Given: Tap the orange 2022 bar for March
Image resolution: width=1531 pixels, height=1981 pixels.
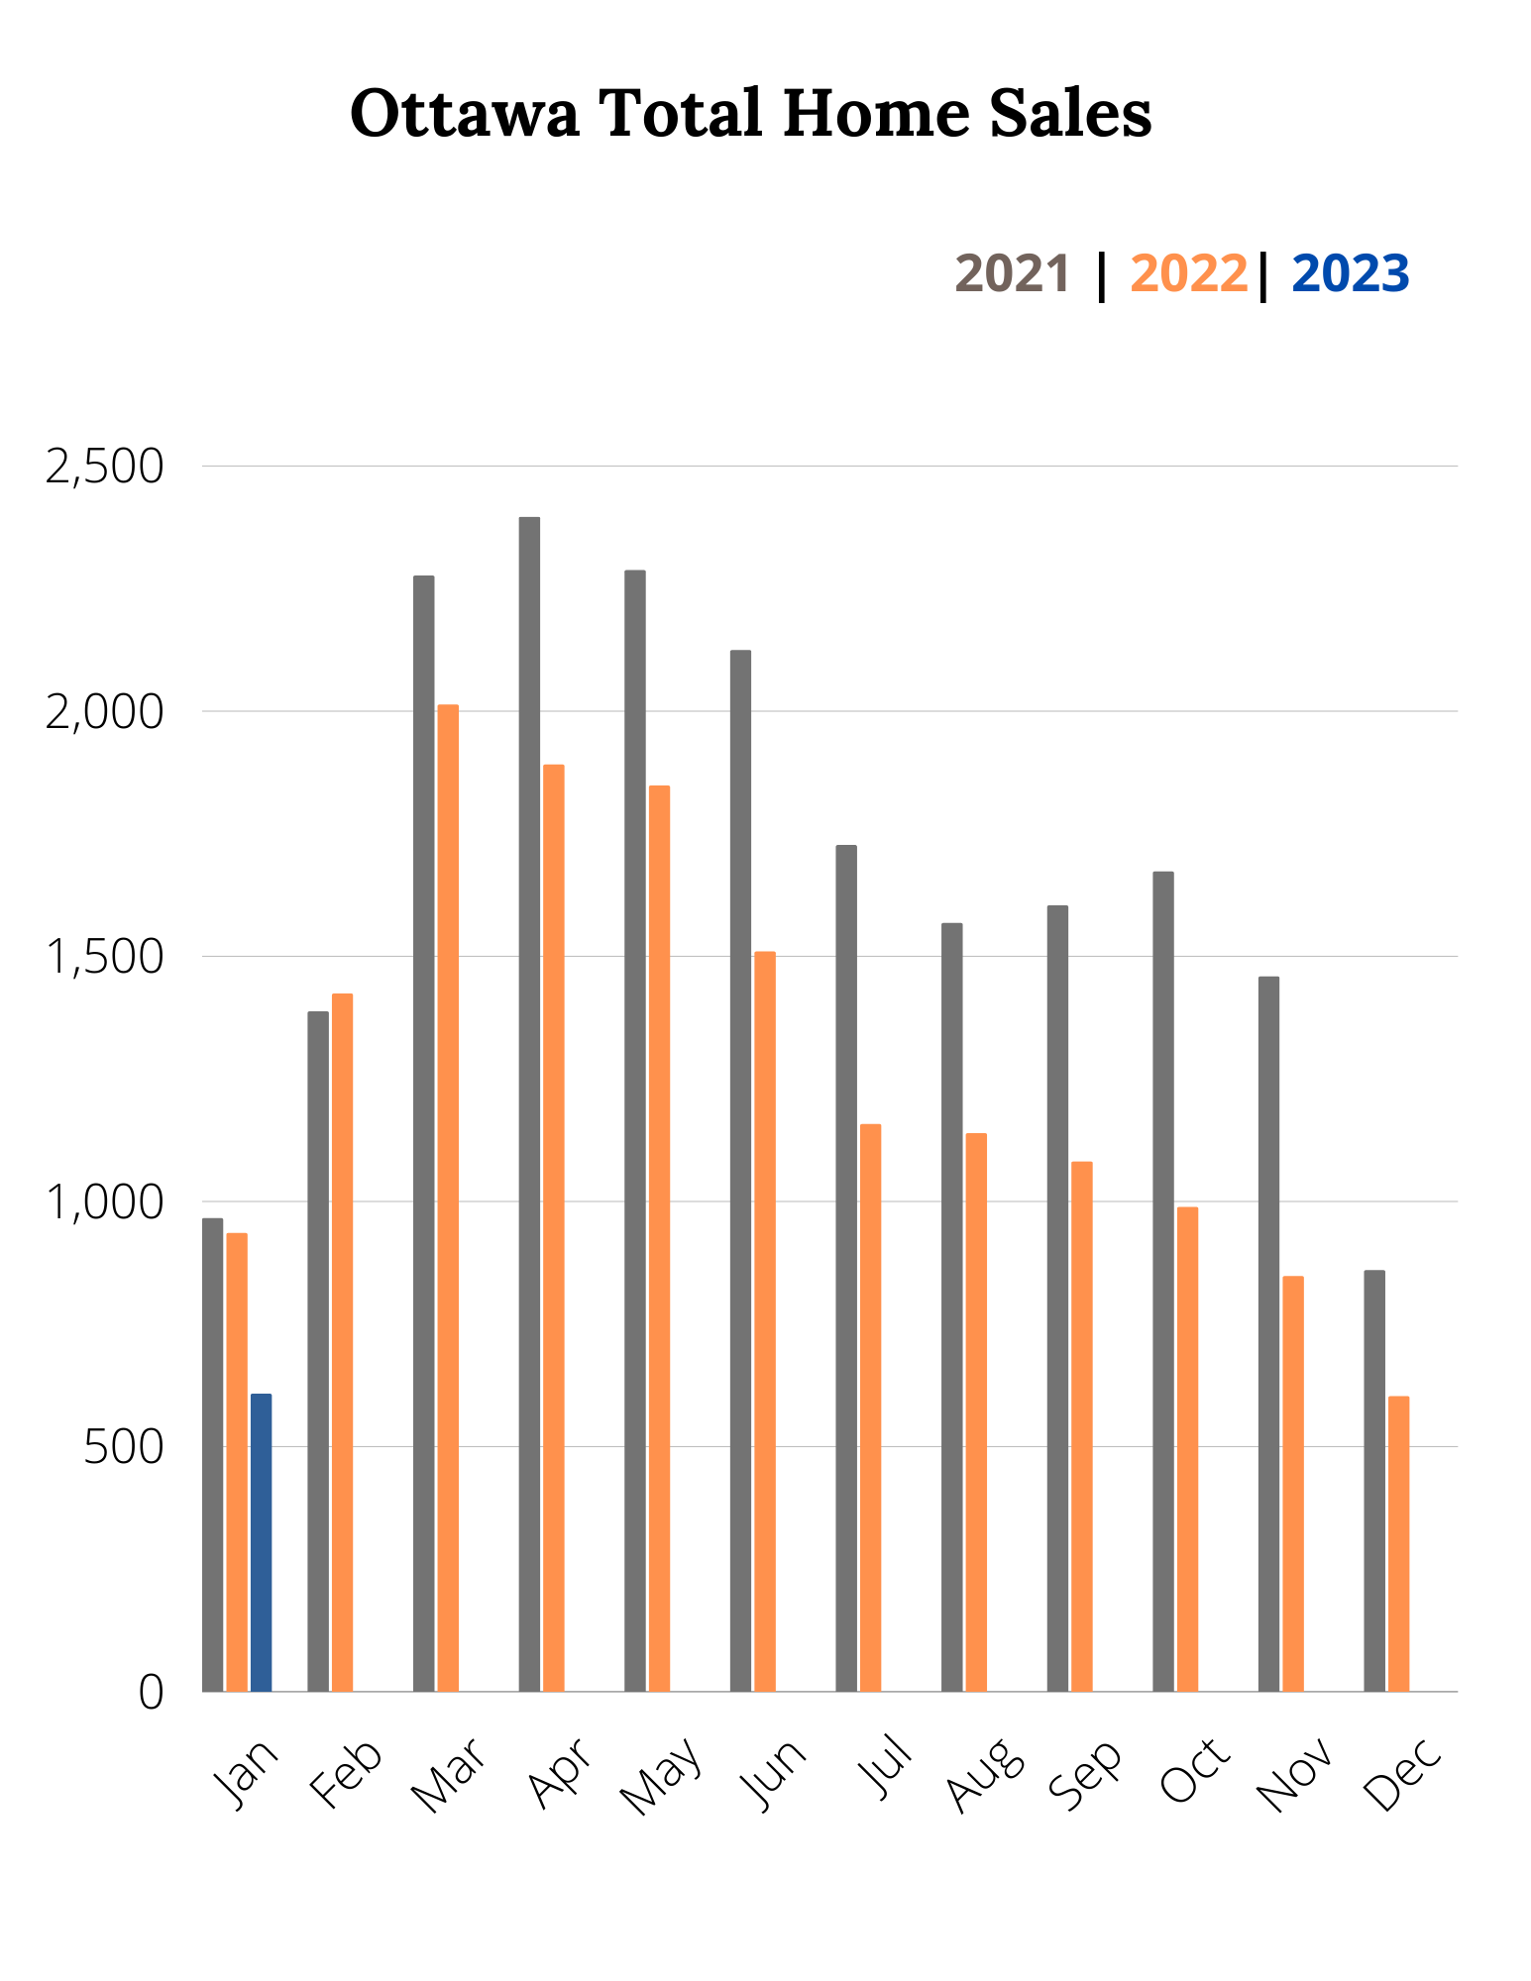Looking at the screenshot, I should coord(448,1198).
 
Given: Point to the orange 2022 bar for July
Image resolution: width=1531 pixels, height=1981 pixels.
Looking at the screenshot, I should coord(870,1407).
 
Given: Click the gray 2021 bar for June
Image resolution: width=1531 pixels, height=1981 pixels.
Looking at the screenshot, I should coord(740,1170).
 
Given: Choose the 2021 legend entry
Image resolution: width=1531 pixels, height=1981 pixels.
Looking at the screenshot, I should coord(1012,274).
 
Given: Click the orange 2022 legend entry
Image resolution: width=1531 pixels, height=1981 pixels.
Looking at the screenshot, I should coord(1188,274).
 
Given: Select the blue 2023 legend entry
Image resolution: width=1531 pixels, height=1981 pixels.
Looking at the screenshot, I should coord(1350,274).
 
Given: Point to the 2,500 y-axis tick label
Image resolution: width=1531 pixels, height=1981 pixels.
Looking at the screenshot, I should coord(104,467).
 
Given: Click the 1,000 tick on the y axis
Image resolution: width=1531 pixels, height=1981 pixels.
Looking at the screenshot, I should coord(104,1201).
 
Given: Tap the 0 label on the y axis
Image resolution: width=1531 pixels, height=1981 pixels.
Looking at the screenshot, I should coord(151,1692).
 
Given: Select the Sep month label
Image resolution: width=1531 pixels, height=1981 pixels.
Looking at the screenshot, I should coord(1086,1773).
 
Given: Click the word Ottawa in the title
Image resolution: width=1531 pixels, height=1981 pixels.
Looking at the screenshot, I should coord(465,113).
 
